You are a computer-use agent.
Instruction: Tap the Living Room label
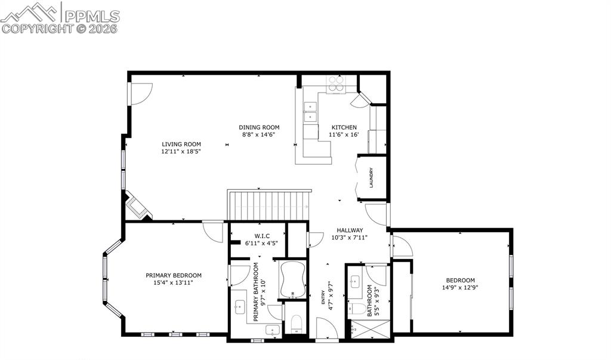(x=181, y=144)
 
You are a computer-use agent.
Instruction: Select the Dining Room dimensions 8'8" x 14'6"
(x=259, y=136)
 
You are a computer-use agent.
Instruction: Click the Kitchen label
(x=344, y=127)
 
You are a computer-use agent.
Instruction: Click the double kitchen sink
(x=311, y=112)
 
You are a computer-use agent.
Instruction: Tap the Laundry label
(x=371, y=177)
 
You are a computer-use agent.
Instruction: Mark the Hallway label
(x=349, y=230)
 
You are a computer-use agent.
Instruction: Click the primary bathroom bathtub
(x=293, y=279)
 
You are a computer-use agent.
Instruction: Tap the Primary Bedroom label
(x=174, y=275)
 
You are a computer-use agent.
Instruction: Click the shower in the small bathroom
(x=369, y=329)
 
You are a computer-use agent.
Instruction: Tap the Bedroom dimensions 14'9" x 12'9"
(x=460, y=287)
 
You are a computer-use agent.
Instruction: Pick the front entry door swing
(x=327, y=328)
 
